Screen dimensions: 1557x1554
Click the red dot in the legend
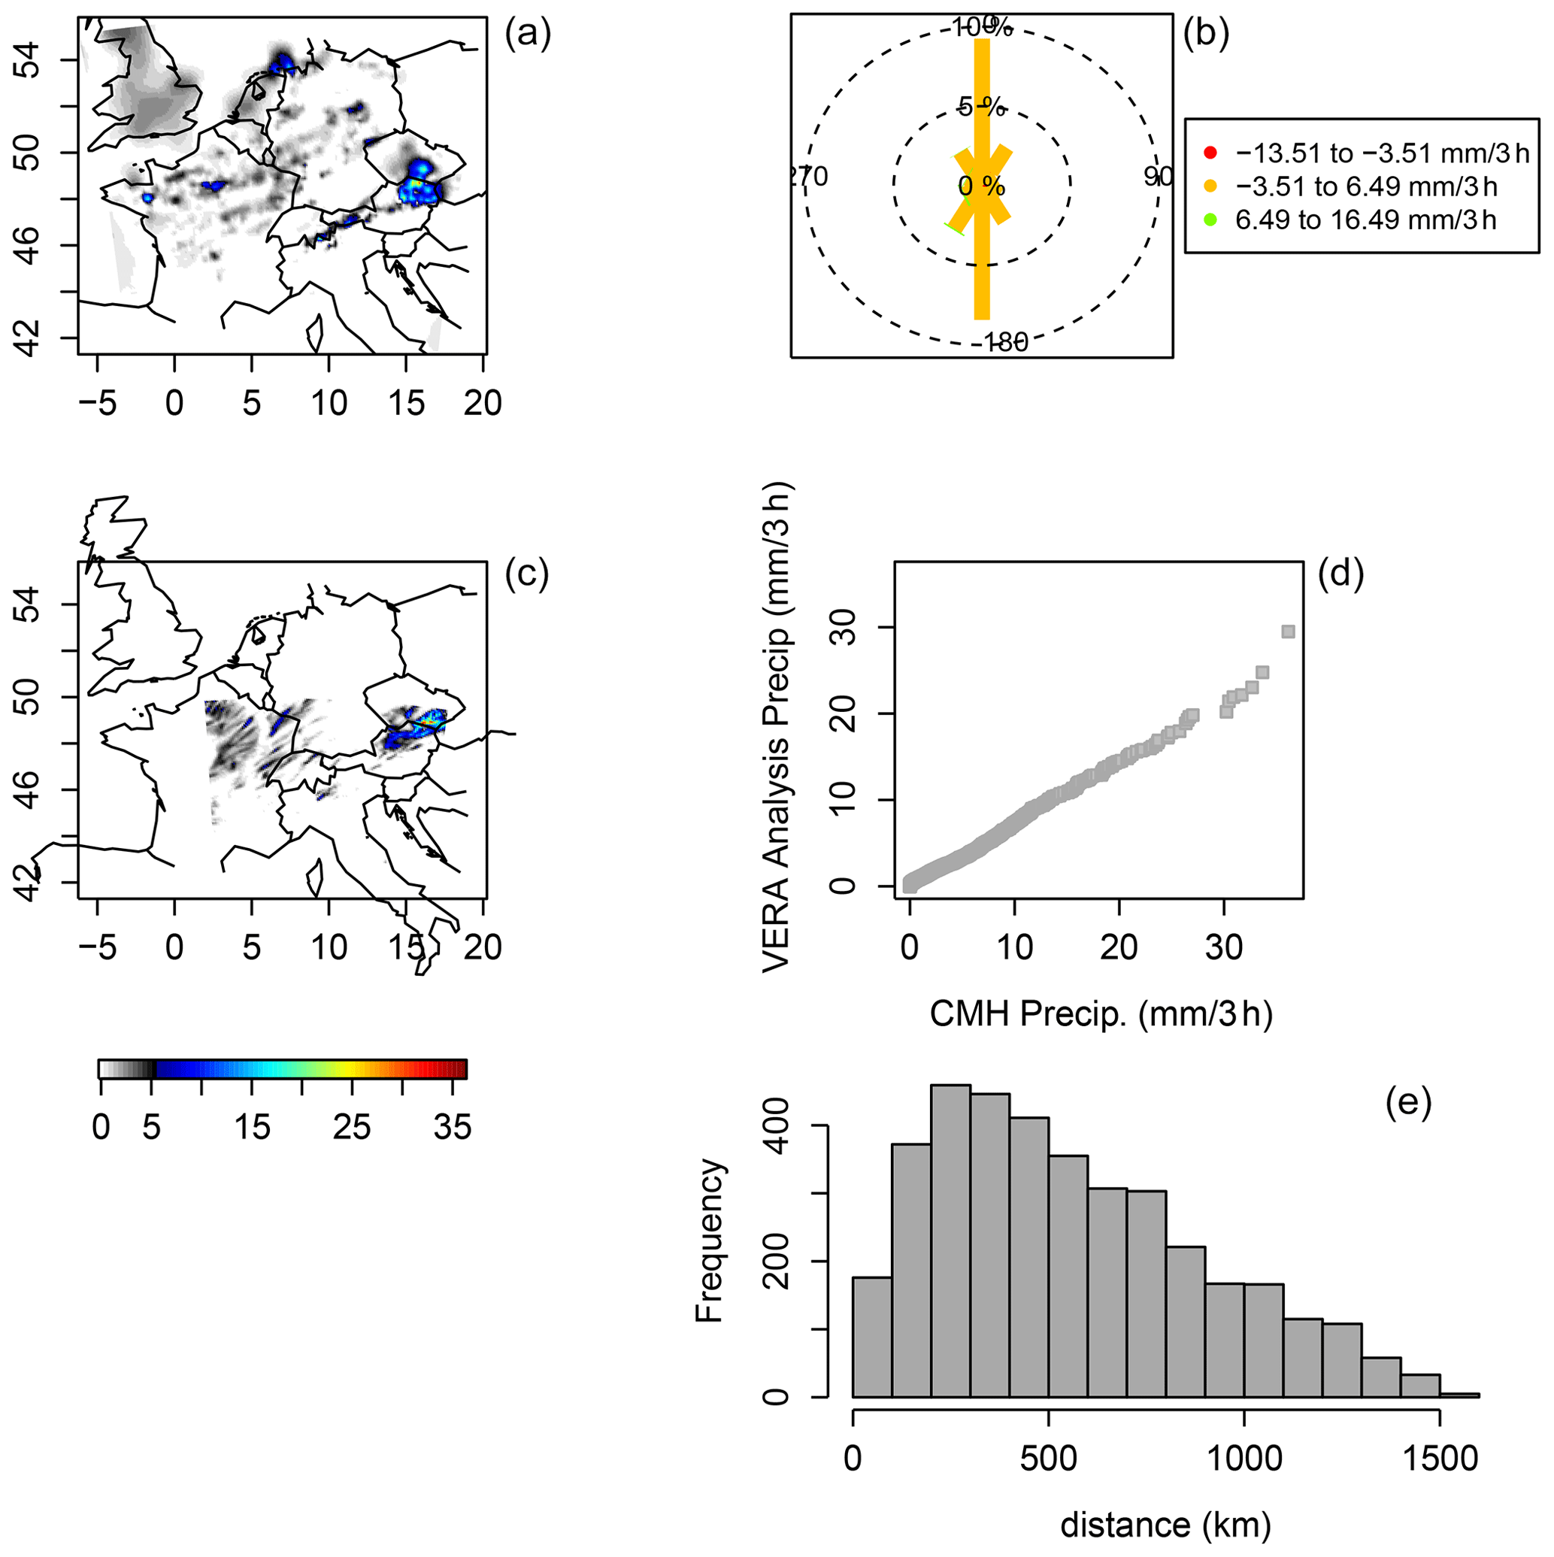(x=1210, y=153)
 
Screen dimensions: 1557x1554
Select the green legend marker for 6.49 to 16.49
(x=1210, y=220)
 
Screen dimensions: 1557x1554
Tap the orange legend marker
(x=1210, y=187)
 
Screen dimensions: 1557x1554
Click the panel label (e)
(x=1408, y=1102)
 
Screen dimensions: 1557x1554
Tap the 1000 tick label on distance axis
(x=1244, y=1459)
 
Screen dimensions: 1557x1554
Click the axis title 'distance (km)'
(x=1165, y=1525)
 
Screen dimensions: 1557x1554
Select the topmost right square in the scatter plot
(x=1288, y=632)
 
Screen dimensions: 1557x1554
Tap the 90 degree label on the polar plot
(x=1159, y=177)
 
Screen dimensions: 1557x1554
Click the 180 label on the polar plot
(x=1006, y=343)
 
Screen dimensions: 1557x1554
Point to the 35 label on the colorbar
(x=451, y=1128)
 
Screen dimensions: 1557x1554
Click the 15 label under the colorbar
(x=253, y=1128)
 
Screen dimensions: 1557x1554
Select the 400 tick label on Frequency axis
(x=775, y=1126)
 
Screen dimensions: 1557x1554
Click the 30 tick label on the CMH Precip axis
(x=1223, y=948)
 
